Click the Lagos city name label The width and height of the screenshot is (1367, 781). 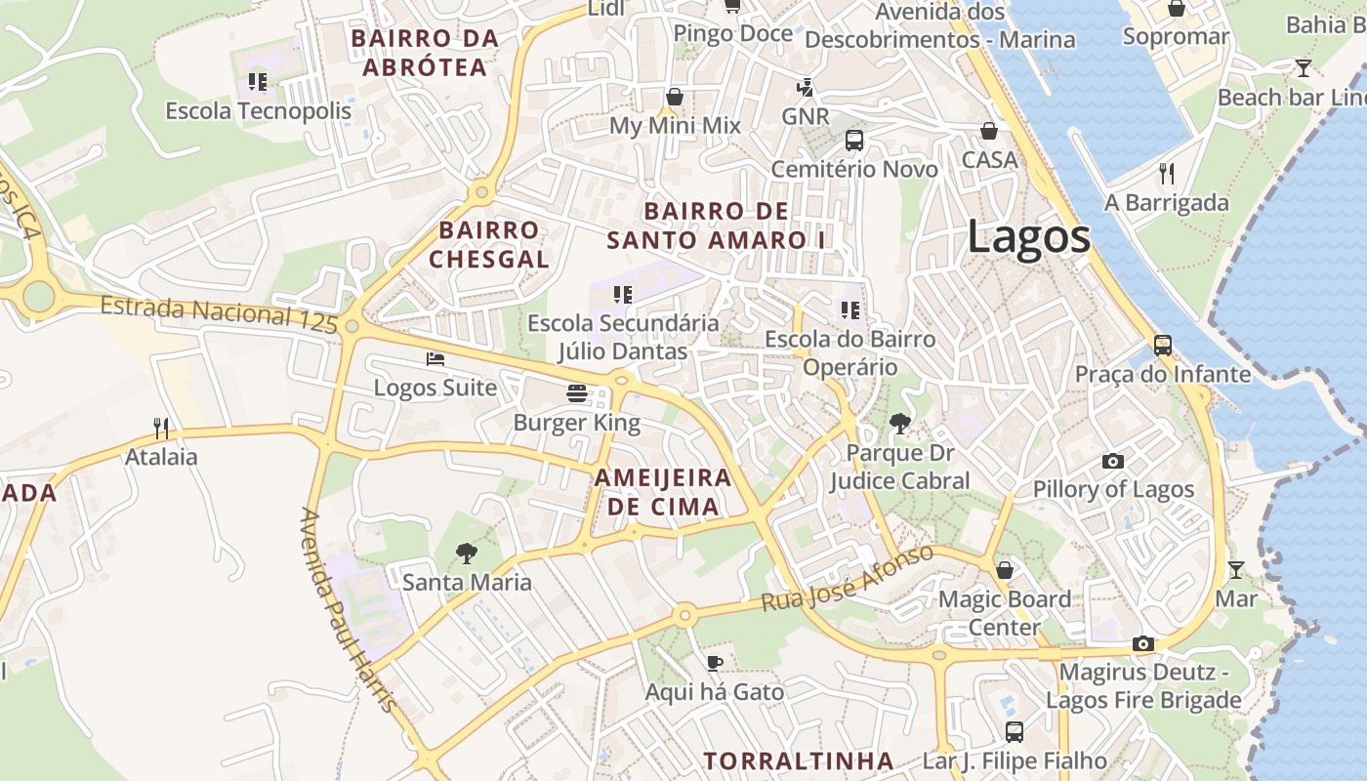(1028, 237)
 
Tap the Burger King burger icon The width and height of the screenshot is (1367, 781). (577, 393)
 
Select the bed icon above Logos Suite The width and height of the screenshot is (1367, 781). (435, 359)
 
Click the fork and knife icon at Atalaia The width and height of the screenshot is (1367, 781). (161, 428)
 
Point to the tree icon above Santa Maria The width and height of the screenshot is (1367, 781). (467, 554)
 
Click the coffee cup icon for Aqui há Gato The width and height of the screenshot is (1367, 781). (715, 664)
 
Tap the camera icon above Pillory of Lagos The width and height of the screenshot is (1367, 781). (1113, 461)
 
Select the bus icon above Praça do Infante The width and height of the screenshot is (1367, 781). (1162, 346)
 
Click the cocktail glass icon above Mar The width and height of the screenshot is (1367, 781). (1236, 569)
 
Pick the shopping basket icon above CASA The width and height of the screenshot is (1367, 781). (989, 131)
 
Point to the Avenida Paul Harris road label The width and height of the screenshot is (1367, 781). (349, 609)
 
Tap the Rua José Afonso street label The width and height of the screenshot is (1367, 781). (847, 579)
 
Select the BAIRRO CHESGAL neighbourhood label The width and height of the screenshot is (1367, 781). (489, 245)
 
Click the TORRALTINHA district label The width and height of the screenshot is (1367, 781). (799, 760)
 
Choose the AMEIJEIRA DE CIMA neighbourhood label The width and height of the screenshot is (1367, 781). (663, 492)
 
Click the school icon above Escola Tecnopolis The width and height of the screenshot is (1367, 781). (258, 82)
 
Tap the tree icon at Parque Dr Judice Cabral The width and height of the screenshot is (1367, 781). (899, 424)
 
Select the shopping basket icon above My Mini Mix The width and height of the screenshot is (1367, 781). (675, 97)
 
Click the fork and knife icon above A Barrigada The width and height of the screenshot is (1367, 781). (1167, 174)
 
